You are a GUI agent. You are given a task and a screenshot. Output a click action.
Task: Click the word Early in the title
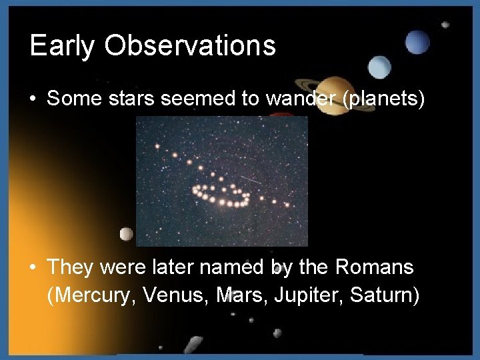click(x=62, y=46)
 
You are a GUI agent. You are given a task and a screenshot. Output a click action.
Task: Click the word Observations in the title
click(x=190, y=45)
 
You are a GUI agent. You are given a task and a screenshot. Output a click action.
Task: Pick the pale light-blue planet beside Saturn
click(x=379, y=67)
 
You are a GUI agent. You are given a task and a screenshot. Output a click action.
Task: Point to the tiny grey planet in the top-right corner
click(x=445, y=25)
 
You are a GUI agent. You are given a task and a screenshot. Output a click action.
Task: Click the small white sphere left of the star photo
click(x=125, y=234)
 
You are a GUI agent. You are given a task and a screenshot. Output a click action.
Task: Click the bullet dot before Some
click(x=33, y=99)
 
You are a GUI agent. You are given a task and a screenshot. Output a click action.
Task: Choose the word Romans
click(x=375, y=268)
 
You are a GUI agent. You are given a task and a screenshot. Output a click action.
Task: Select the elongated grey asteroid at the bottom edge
click(x=193, y=345)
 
